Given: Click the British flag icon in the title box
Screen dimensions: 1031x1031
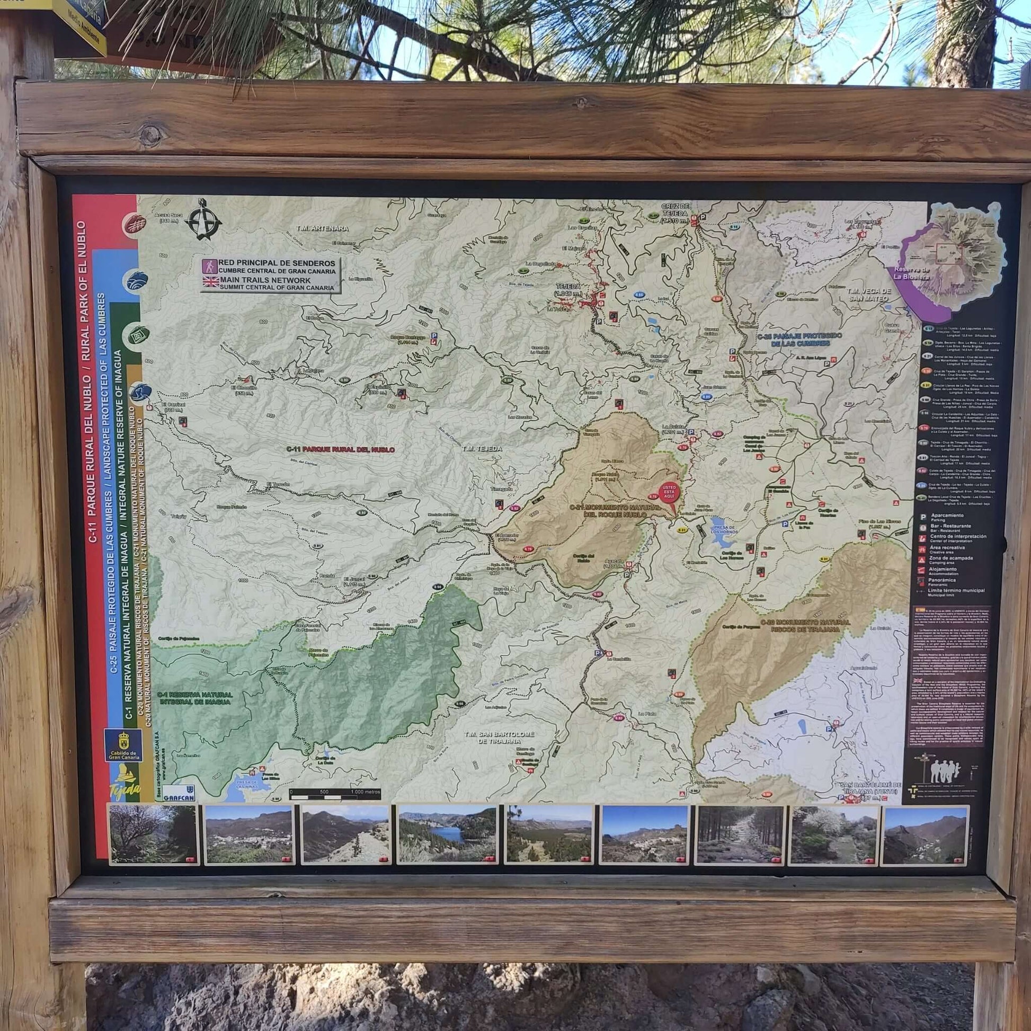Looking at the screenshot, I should pos(210,283).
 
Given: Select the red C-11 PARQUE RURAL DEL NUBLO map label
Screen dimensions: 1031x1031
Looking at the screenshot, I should pos(340,450).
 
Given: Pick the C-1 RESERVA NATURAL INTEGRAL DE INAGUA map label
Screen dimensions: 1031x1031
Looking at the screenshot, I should pos(196,698).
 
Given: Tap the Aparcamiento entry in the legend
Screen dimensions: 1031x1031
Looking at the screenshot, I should pos(948,517).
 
